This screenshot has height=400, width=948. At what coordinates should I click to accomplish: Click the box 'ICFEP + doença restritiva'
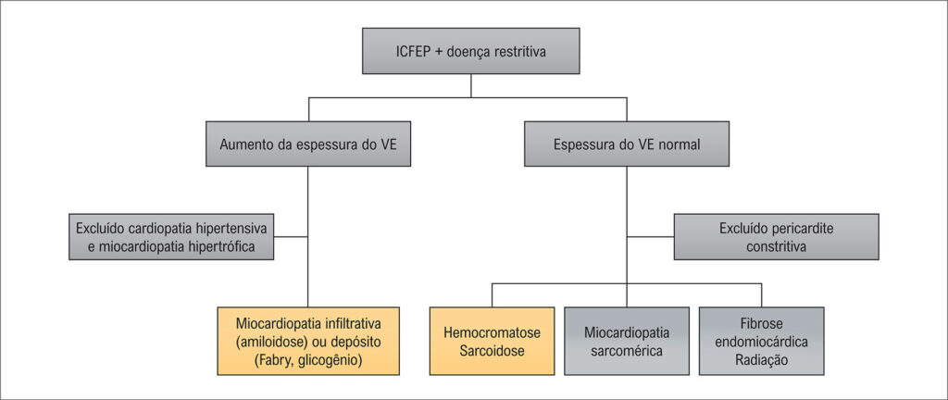(471, 51)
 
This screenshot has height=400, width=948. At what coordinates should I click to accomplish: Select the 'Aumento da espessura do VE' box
(308, 144)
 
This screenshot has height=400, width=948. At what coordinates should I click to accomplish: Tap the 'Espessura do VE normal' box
(627, 144)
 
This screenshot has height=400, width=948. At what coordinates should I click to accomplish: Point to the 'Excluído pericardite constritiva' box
(776, 237)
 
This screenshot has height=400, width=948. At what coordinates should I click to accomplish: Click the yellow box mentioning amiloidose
(308, 341)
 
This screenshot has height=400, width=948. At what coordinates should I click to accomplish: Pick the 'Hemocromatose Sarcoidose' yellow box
(492, 341)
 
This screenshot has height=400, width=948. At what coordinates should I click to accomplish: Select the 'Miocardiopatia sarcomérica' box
(627, 341)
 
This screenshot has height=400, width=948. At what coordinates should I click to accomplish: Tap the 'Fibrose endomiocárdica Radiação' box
(762, 341)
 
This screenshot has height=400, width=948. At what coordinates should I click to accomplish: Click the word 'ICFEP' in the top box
(412, 52)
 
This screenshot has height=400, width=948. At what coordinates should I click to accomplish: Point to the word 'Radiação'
(762, 359)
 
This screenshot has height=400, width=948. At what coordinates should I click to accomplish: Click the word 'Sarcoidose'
(492, 351)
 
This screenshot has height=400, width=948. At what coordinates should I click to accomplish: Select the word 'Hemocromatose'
(492, 331)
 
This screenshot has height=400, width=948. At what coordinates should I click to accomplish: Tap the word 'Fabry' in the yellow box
(275, 360)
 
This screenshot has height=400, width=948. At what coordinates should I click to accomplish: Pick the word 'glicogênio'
(328, 360)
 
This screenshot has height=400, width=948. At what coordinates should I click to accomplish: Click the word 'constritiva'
(776, 247)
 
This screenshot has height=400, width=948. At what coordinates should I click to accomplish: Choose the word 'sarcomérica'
(627, 351)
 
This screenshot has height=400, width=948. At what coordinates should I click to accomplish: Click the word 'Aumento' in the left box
(246, 145)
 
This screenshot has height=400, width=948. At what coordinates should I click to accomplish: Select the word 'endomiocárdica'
(762, 341)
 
